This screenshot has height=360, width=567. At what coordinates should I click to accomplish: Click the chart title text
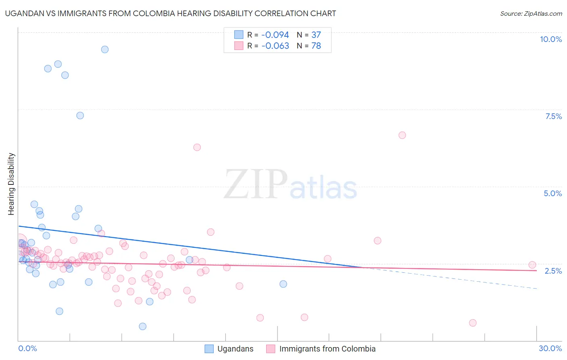pyautogui.click(x=171, y=14)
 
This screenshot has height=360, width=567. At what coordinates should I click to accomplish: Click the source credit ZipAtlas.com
pyautogui.click(x=531, y=14)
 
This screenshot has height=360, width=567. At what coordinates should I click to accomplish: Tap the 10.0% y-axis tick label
pyautogui.click(x=550, y=39)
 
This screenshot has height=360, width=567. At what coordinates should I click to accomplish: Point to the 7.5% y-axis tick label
pyautogui.click(x=553, y=116)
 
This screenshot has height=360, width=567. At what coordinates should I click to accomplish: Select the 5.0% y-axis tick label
pyautogui.click(x=552, y=193)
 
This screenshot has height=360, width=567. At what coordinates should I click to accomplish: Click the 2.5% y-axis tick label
pyautogui.click(x=553, y=271)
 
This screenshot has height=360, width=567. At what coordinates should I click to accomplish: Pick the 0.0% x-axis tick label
pyautogui.click(x=27, y=348)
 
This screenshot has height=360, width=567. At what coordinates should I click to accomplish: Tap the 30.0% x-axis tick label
pyautogui.click(x=550, y=348)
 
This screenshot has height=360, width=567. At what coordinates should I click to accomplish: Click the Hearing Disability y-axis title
pyautogui.click(x=11, y=184)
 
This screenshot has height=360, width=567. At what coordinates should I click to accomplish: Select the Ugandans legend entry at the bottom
pyautogui.click(x=229, y=349)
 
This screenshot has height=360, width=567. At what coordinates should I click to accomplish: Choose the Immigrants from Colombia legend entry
pyautogui.click(x=321, y=349)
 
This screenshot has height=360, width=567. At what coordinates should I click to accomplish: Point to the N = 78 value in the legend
pyautogui.click(x=309, y=46)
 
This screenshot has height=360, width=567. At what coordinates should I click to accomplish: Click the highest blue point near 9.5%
pyautogui.click(x=105, y=50)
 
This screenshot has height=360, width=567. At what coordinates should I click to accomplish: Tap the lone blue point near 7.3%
pyautogui.click(x=80, y=115)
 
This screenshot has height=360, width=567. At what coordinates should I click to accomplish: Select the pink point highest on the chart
pyautogui.click(x=402, y=135)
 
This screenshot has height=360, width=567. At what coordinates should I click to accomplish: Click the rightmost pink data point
pyautogui.click(x=532, y=265)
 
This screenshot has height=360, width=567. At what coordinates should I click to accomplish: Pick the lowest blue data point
pyautogui.click(x=143, y=327)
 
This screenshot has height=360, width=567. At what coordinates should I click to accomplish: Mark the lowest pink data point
pyautogui.click(x=473, y=323)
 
